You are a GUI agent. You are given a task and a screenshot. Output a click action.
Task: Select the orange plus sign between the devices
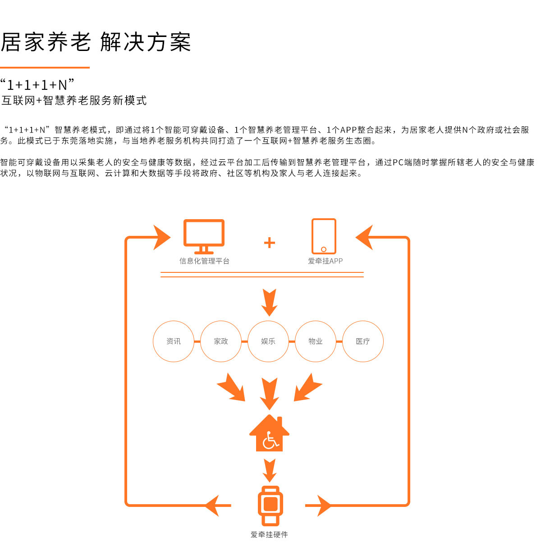coord(269,243)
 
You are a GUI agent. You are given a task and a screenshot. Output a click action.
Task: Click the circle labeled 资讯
coord(174,321)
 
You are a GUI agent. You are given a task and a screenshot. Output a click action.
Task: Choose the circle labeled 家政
coord(221,321)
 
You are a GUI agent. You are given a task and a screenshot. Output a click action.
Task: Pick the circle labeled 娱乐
coord(268,321)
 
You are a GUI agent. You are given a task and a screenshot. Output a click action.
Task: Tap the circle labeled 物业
coord(315,321)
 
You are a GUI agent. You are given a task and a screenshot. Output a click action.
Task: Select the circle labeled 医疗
coord(363,321)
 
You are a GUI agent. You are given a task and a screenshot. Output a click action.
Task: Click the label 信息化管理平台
coord(204,261)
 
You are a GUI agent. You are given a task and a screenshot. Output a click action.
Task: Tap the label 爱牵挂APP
coord(325,261)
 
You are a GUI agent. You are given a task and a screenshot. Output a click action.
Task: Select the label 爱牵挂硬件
coord(269,534)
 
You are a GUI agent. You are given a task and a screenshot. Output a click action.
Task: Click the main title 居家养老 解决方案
coord(96,42)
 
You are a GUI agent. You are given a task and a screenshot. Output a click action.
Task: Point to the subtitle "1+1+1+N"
coord(37,85)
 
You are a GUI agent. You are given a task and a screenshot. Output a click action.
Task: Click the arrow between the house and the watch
coord(270,470)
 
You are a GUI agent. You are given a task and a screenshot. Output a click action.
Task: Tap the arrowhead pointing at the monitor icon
coord(162,238)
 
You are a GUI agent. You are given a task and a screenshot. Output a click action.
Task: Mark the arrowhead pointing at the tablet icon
coord(364,238)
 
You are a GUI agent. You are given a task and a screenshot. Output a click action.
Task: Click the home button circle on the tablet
coord(324,249)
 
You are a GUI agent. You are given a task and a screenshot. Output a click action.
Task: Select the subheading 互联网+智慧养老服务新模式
coord(74,101)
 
